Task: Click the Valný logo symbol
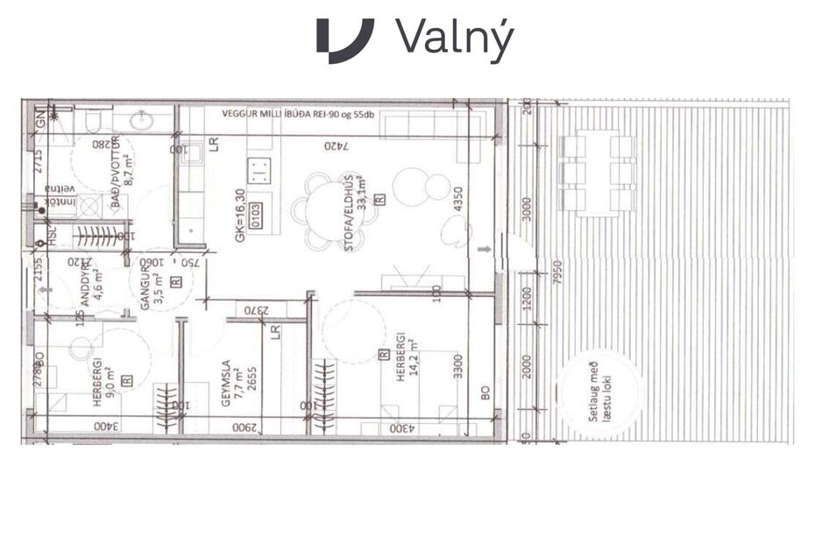pos(344,40)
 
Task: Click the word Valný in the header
pos(453,40)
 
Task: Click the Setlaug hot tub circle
pos(599,395)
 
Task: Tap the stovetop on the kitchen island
pos(259,168)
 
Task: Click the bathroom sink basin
pos(140,119)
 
